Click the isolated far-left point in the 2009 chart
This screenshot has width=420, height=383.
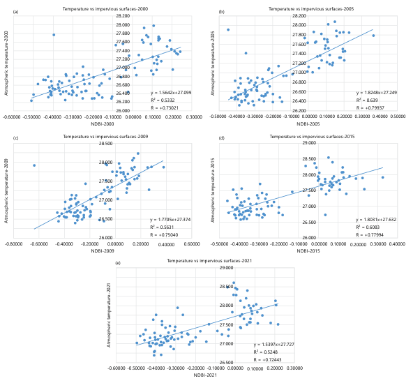coord(34,165)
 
